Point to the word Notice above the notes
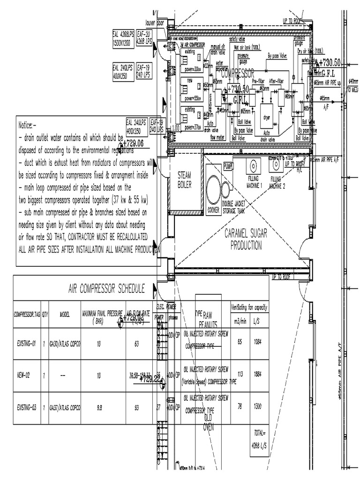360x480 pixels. (26, 126)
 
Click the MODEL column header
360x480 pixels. (65, 315)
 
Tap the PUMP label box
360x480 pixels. (228, 166)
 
